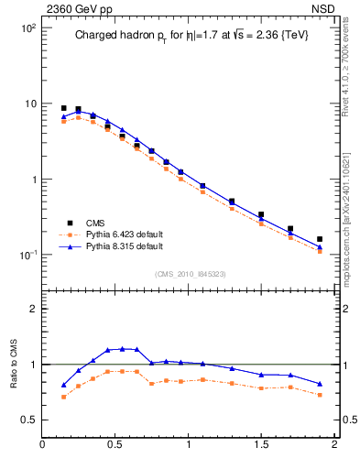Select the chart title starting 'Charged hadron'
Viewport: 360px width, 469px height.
[x=191, y=36]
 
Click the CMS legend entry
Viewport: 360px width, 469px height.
[x=95, y=223]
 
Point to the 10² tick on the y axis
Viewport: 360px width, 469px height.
[x=27, y=28]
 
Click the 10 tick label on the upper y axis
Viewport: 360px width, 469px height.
[x=29, y=104]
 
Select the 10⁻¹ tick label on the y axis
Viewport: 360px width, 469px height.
[x=27, y=255]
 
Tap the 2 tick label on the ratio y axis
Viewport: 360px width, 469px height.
[x=32, y=309]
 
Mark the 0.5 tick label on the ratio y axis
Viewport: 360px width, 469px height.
[x=28, y=420]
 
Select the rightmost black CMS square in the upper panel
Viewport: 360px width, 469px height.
[x=320, y=239]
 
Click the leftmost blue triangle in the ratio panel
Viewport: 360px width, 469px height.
[x=63, y=386]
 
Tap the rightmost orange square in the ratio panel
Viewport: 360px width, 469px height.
[x=320, y=395]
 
